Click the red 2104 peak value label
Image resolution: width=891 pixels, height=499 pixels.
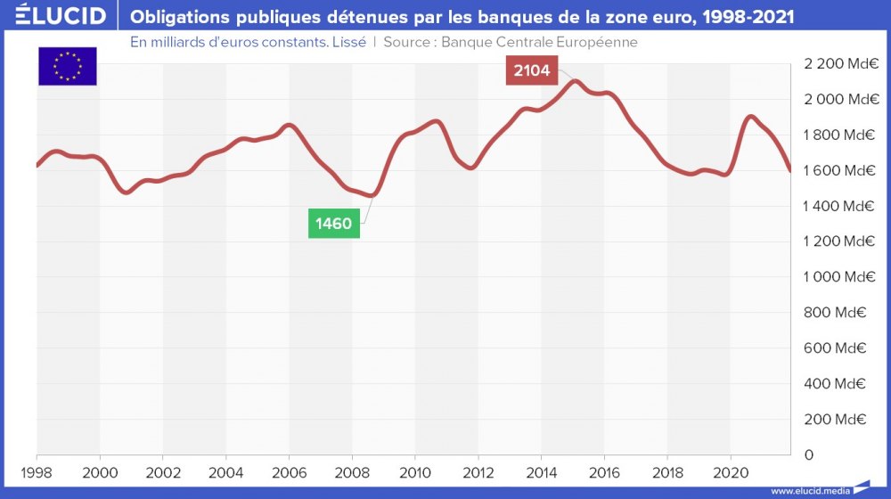point(532,70)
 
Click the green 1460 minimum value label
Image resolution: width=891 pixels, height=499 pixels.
point(334,224)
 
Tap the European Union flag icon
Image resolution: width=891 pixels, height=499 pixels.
point(67,66)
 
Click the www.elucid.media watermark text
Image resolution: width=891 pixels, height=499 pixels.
point(810,490)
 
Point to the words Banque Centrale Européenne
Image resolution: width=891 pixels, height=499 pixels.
point(539,42)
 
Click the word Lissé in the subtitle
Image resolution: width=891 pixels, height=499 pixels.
point(348,42)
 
